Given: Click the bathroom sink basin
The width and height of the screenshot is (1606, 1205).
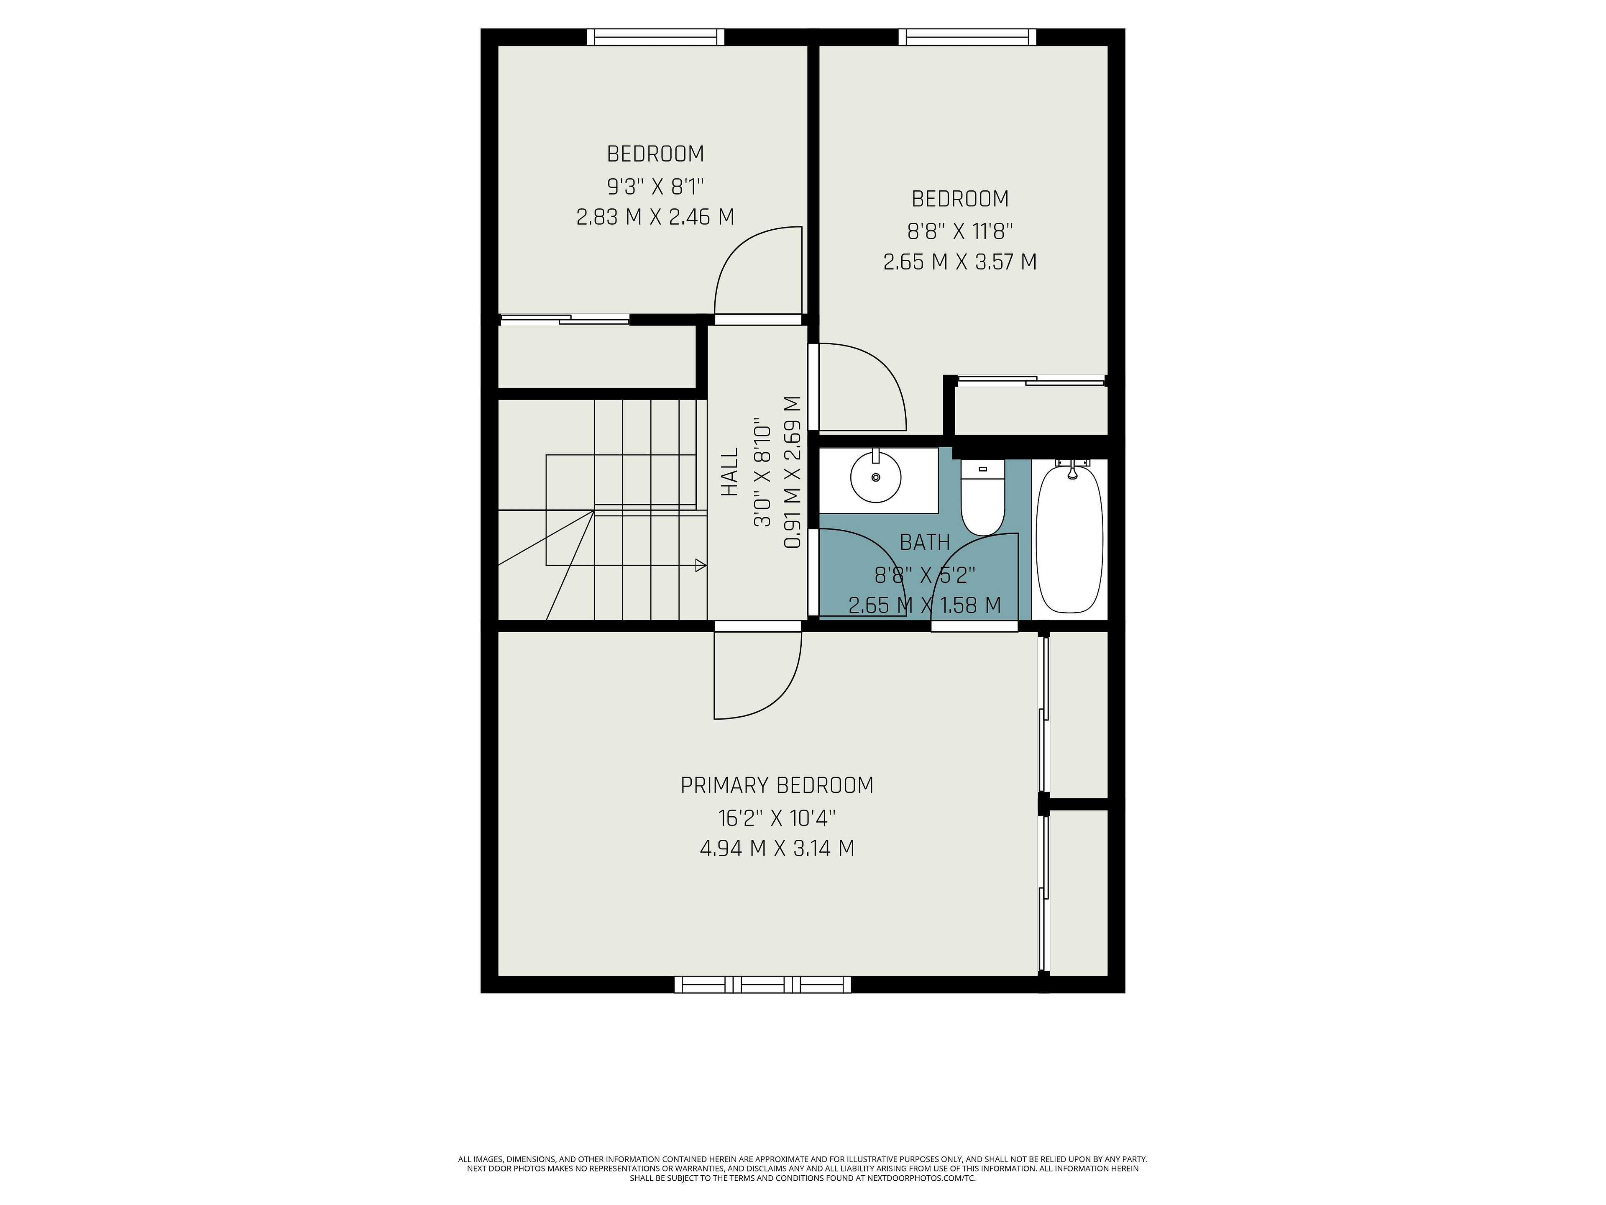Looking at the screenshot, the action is tap(876, 477).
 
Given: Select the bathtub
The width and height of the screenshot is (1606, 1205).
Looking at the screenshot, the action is tap(1069, 538).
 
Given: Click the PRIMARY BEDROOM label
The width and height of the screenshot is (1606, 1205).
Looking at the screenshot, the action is tap(777, 785).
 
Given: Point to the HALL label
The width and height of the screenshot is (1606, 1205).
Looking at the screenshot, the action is tap(730, 472).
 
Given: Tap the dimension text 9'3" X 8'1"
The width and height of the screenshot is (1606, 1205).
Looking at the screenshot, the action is tap(656, 187).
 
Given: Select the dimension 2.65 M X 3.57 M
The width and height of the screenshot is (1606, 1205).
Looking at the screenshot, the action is tap(960, 262).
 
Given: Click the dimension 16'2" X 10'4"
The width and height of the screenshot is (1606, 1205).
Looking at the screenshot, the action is tap(777, 818).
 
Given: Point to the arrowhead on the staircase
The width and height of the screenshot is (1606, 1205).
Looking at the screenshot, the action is tap(701, 565).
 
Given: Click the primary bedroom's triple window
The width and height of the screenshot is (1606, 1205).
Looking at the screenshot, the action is tap(762, 984).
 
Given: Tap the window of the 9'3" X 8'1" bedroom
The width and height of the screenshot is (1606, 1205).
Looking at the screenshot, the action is tap(656, 37).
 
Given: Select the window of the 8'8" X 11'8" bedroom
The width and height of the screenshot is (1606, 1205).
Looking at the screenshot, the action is tap(967, 37).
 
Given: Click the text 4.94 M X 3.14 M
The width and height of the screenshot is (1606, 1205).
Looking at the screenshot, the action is tap(777, 849).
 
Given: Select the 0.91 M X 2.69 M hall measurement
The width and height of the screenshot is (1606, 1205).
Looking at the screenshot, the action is tap(793, 472).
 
